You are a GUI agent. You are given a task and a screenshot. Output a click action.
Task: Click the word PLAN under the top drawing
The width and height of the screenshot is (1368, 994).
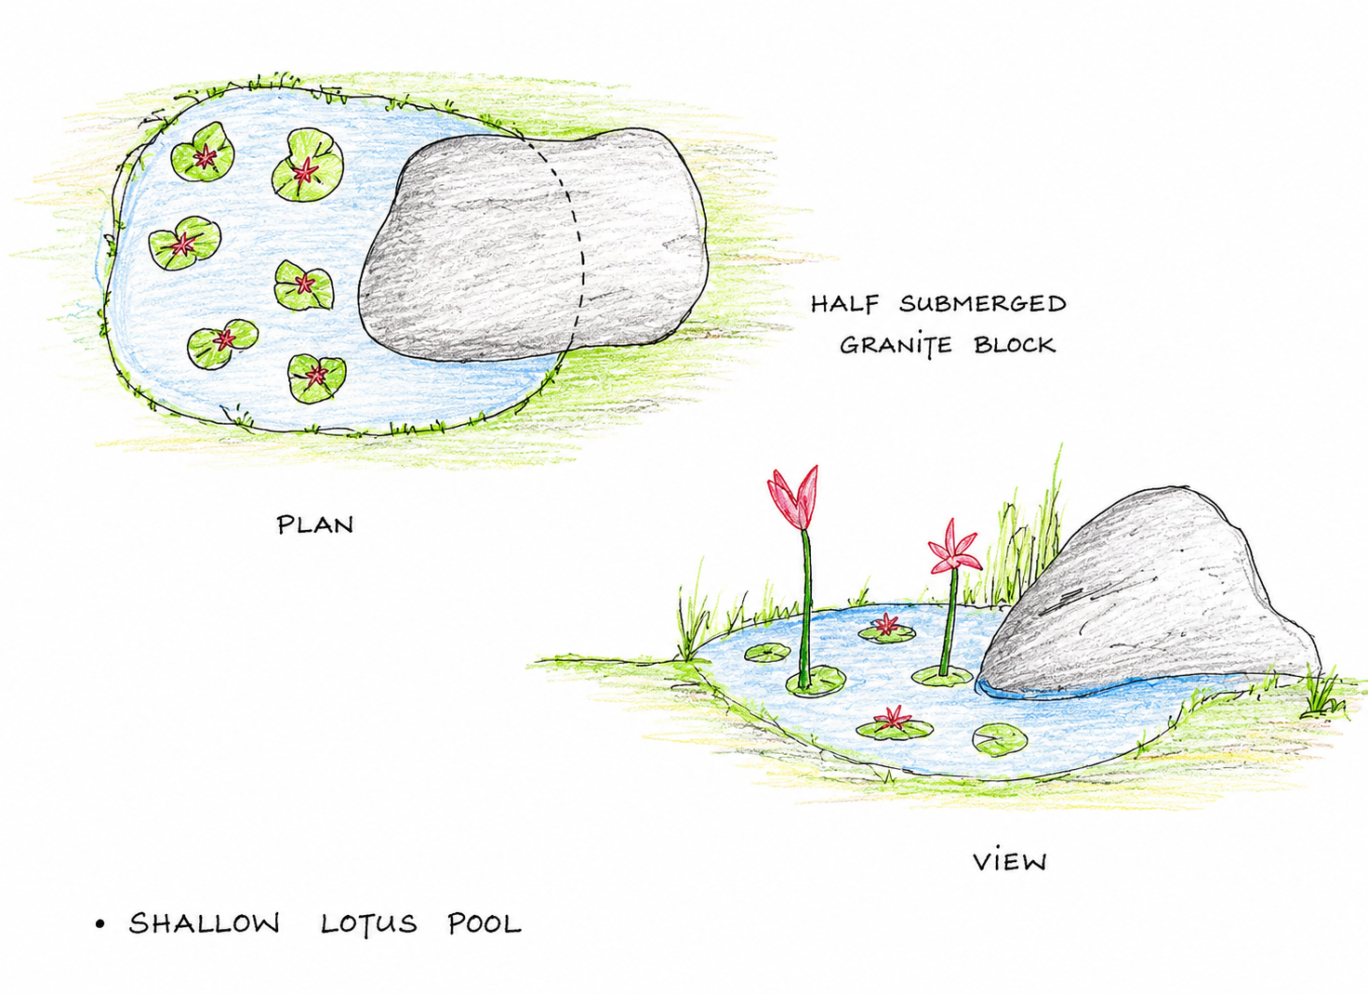tap(315, 525)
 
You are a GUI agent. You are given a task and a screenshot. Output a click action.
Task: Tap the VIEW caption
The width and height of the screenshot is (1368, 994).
tap(1010, 862)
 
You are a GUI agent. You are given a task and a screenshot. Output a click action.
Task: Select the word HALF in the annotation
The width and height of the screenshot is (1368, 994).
tap(845, 303)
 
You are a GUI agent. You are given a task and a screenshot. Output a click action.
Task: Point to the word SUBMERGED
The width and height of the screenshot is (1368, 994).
tap(983, 303)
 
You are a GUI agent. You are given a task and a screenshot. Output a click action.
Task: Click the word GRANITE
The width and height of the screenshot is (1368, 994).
tap(896, 346)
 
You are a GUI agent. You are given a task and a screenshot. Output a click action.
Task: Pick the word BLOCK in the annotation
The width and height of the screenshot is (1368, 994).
tap(1015, 345)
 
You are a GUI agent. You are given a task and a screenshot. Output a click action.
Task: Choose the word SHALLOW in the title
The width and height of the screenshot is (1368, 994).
tap(204, 923)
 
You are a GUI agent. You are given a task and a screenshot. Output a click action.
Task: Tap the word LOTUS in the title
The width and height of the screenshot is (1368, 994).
tap(369, 923)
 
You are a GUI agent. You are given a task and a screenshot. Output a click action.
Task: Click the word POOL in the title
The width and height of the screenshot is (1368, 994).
tap(485, 923)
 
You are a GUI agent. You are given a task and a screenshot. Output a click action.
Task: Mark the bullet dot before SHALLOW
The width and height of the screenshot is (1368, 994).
tap(100, 924)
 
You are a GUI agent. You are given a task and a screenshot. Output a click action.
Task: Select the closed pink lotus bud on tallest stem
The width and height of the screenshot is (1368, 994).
tap(792, 497)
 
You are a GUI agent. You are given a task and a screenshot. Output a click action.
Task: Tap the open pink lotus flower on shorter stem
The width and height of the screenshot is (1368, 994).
tap(952, 549)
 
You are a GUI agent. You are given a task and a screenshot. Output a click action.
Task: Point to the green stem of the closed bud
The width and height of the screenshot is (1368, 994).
tap(806, 607)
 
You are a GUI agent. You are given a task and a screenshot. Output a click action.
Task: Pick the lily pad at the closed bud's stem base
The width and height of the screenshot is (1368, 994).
tap(816, 681)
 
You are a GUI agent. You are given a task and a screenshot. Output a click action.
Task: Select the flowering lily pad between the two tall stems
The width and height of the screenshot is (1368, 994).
tap(887, 630)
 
